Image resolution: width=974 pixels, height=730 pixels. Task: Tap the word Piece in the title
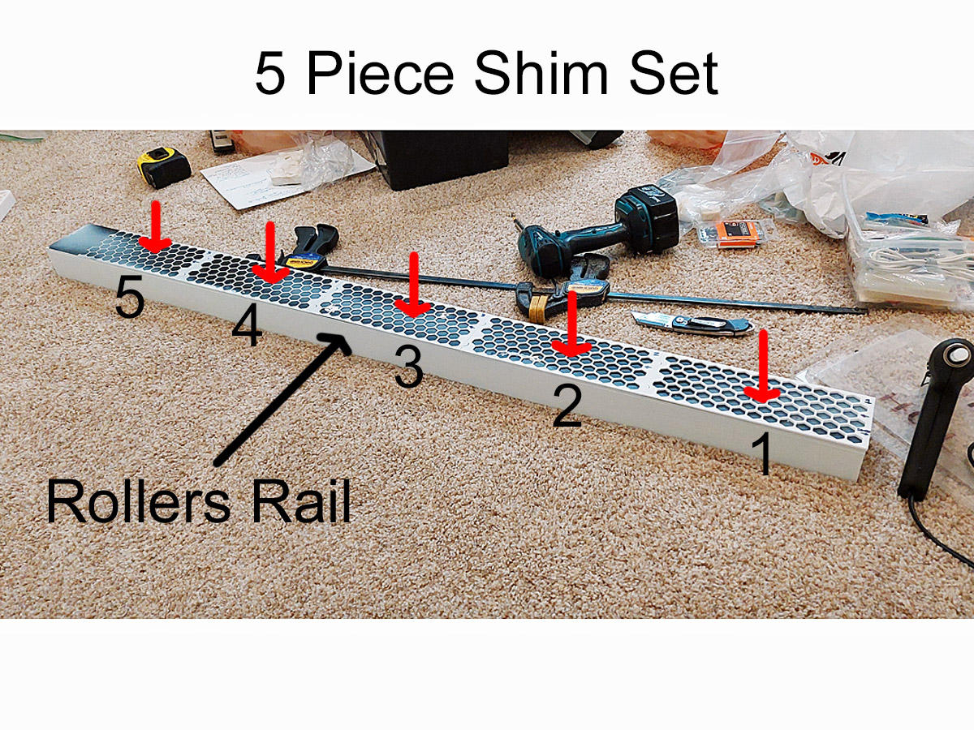[380, 74]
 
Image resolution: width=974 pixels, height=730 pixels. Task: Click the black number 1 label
[763, 454]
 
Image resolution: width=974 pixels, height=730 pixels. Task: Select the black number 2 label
[567, 405]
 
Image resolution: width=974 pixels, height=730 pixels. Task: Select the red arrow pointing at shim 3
[413, 286]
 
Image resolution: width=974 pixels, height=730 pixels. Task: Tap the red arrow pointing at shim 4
[271, 253]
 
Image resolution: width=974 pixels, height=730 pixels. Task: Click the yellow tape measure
[163, 165]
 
